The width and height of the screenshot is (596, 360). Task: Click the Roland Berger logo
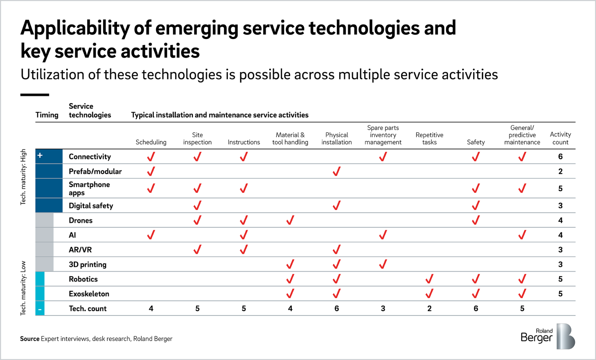(x=548, y=336)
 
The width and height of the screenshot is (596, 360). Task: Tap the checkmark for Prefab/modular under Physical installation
(x=336, y=171)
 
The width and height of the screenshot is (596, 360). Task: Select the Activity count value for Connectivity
(x=560, y=157)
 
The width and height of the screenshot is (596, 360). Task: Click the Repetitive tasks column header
(x=429, y=138)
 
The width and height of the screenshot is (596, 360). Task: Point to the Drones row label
(x=80, y=220)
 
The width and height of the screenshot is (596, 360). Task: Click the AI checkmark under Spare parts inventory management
(x=383, y=235)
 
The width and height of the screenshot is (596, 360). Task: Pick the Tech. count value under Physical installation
(x=336, y=309)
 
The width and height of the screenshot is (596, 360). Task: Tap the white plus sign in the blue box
(x=40, y=156)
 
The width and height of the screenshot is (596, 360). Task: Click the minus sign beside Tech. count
(x=40, y=309)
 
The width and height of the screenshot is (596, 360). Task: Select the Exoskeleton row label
(x=89, y=294)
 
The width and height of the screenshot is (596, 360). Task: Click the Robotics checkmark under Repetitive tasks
(x=429, y=279)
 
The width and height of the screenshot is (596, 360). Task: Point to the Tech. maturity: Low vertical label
(x=23, y=288)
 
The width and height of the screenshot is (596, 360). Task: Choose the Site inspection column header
(x=197, y=138)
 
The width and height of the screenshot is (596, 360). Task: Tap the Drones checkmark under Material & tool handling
(x=290, y=220)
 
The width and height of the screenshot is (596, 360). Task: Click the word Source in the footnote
(x=30, y=339)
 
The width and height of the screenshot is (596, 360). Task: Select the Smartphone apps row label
(x=89, y=188)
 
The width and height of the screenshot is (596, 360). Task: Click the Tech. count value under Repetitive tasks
(x=429, y=309)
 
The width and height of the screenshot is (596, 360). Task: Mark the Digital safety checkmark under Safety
(x=475, y=206)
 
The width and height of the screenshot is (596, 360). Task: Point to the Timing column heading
(x=47, y=115)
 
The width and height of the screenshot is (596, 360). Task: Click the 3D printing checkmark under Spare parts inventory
(x=383, y=264)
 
